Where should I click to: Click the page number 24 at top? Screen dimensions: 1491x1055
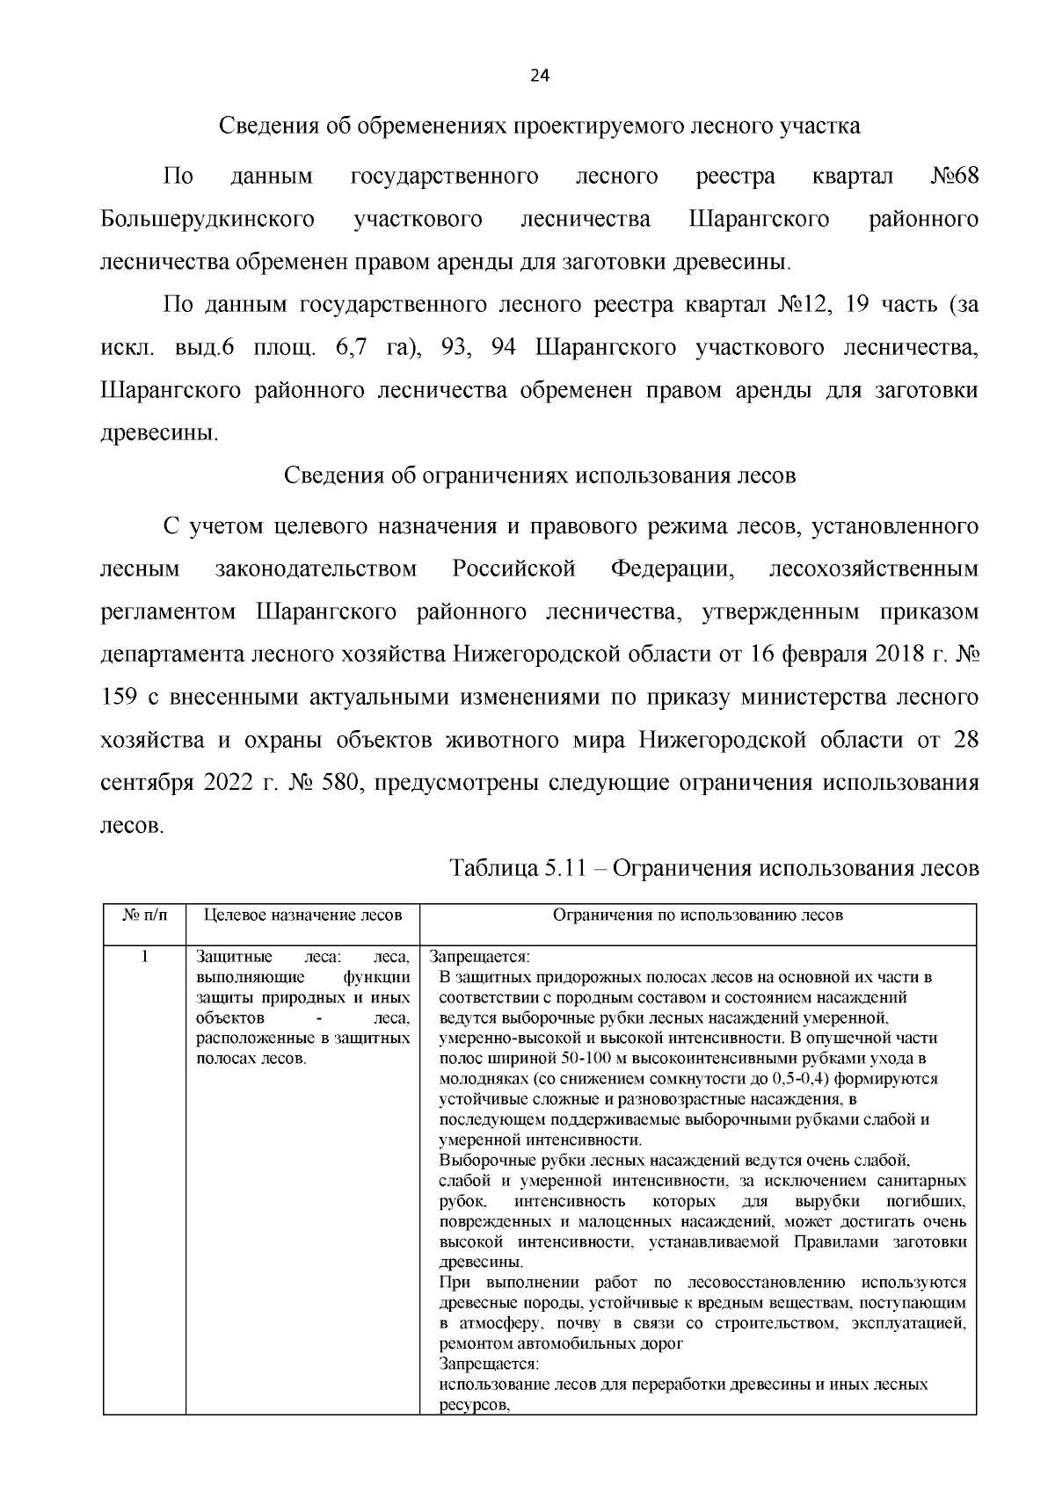click(539, 76)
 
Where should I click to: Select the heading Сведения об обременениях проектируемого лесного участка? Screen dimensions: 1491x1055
click(539, 126)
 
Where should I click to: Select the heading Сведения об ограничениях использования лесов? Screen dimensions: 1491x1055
click(539, 476)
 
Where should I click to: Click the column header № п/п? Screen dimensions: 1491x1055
click(144, 916)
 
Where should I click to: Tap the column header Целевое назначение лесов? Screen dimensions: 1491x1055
click(302, 916)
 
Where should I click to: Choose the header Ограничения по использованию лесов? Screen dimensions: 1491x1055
click(697, 916)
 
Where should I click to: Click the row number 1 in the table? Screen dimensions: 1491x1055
click(144, 957)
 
